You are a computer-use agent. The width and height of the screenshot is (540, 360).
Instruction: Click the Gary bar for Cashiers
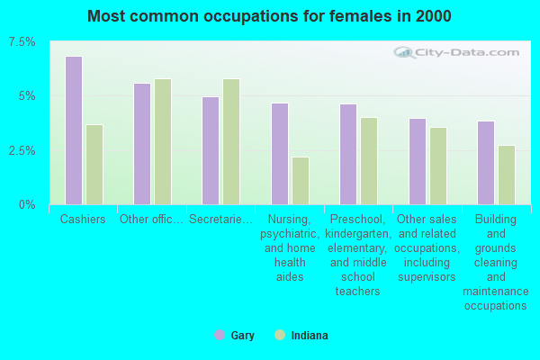pos(74,130)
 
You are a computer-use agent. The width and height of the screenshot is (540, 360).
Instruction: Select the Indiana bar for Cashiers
pos(94,165)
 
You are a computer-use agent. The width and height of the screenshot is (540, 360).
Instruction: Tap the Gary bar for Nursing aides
pos(280,154)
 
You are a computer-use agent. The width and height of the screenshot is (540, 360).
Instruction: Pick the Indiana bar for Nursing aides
pos(301,181)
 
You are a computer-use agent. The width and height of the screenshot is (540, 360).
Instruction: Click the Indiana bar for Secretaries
pos(231,142)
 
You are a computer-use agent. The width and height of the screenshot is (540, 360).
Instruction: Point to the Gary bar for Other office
pos(142,144)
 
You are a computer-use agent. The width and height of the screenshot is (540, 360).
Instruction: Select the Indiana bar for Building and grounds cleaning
pos(507,175)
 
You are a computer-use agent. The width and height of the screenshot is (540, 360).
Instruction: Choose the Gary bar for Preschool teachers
pos(348,154)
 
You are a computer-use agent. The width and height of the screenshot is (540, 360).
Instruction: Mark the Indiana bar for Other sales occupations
pos(438,166)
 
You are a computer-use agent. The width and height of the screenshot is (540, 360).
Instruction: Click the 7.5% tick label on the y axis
pos(22,42)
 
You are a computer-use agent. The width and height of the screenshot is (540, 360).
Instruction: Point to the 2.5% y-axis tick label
pos(22,150)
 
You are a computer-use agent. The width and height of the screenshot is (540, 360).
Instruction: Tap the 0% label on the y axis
pos(27,205)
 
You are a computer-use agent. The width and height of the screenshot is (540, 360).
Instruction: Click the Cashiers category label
pos(83,219)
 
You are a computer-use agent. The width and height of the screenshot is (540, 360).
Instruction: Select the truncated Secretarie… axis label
pos(220,219)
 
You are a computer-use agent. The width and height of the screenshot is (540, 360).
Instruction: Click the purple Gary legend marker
pos(220,335)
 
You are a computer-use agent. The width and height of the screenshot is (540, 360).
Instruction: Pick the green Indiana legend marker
pos(280,335)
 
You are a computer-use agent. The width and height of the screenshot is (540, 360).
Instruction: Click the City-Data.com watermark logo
pos(456,53)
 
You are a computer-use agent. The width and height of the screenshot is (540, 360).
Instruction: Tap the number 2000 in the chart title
pos(433,16)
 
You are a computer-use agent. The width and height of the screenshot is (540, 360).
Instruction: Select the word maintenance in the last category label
pos(496,292)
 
